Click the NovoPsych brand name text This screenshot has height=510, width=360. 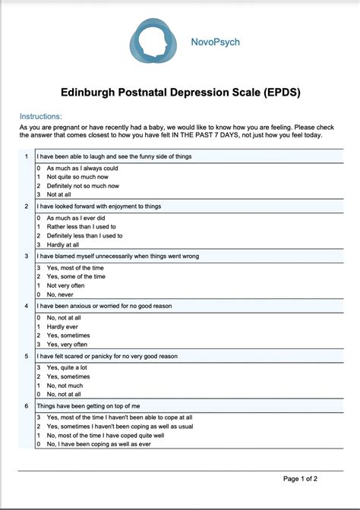215,42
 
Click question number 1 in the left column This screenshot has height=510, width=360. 27,156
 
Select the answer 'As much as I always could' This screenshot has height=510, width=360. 82,168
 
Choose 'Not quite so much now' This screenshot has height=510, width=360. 78,176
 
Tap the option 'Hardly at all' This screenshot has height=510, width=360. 62,244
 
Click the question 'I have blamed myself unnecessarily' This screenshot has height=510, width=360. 118,256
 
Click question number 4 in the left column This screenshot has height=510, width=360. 27,306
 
